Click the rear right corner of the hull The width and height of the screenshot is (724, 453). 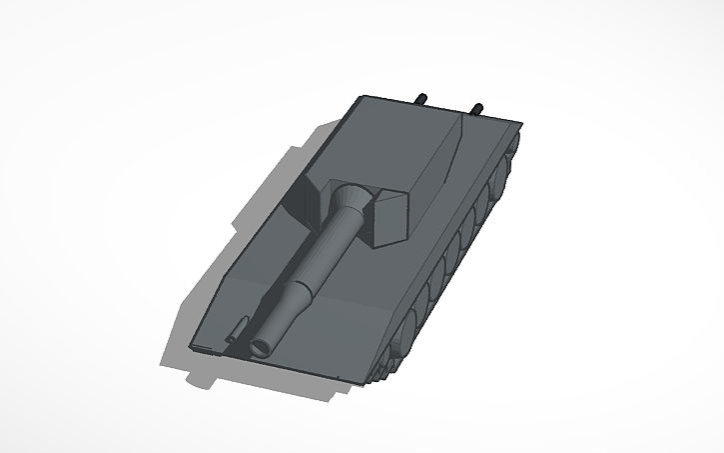520,124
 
